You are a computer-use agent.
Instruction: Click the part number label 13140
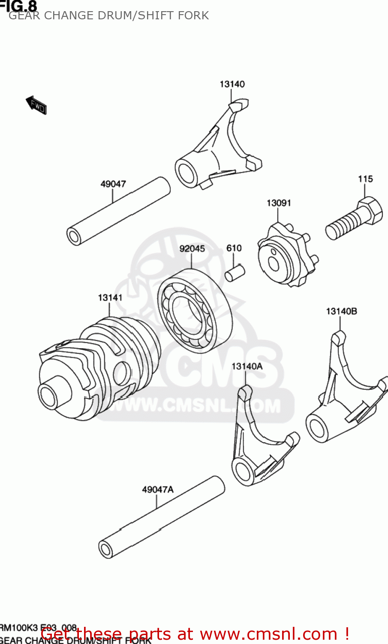(x=232, y=84)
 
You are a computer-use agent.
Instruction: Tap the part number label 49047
(x=113, y=184)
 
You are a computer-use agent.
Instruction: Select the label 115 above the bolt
(x=365, y=179)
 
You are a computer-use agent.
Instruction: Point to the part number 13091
(x=279, y=203)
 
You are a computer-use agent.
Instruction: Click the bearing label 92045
(x=192, y=249)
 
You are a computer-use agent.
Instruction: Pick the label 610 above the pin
(x=234, y=248)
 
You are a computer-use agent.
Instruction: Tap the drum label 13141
(x=110, y=298)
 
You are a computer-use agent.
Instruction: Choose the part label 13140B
(x=341, y=311)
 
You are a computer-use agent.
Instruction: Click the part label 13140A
(x=247, y=366)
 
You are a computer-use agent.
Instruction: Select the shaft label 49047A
(x=158, y=489)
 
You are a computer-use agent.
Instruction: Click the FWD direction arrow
(x=36, y=105)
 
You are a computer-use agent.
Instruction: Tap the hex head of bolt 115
(x=370, y=210)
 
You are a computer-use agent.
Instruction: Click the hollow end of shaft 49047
(x=74, y=237)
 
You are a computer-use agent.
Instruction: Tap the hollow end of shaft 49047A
(x=105, y=549)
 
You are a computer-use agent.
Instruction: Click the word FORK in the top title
(x=194, y=15)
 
